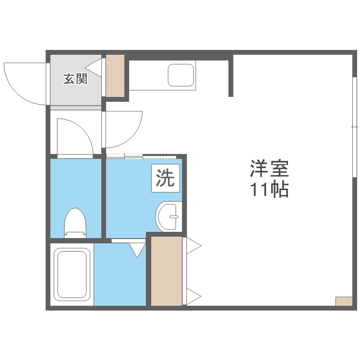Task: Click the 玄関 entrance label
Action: (76, 79)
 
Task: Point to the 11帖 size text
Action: (268, 190)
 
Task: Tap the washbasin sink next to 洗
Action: (168, 217)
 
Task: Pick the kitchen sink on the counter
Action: (180, 74)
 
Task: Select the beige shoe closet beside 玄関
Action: (115, 75)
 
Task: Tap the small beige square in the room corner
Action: (343, 301)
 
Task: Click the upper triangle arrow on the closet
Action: (193, 246)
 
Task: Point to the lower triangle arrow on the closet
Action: (193, 296)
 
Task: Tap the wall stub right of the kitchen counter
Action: (231, 76)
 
